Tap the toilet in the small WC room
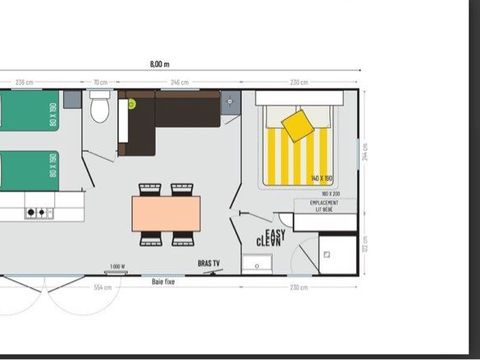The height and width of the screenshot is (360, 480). (100, 106)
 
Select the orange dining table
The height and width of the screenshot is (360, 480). (166, 211)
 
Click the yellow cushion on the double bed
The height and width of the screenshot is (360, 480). (297, 125)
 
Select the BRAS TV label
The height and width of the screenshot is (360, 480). (209, 264)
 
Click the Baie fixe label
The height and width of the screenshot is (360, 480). (164, 280)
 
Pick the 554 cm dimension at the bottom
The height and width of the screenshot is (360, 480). (101, 288)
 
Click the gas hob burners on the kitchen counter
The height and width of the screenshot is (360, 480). (38, 212)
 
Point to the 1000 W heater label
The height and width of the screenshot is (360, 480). (118, 266)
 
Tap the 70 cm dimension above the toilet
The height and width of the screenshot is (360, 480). (100, 83)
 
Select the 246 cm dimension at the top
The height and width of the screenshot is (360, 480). (180, 83)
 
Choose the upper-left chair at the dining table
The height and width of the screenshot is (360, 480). (149, 189)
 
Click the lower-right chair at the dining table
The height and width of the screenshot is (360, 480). (182, 238)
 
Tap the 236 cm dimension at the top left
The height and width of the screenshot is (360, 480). (22, 83)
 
